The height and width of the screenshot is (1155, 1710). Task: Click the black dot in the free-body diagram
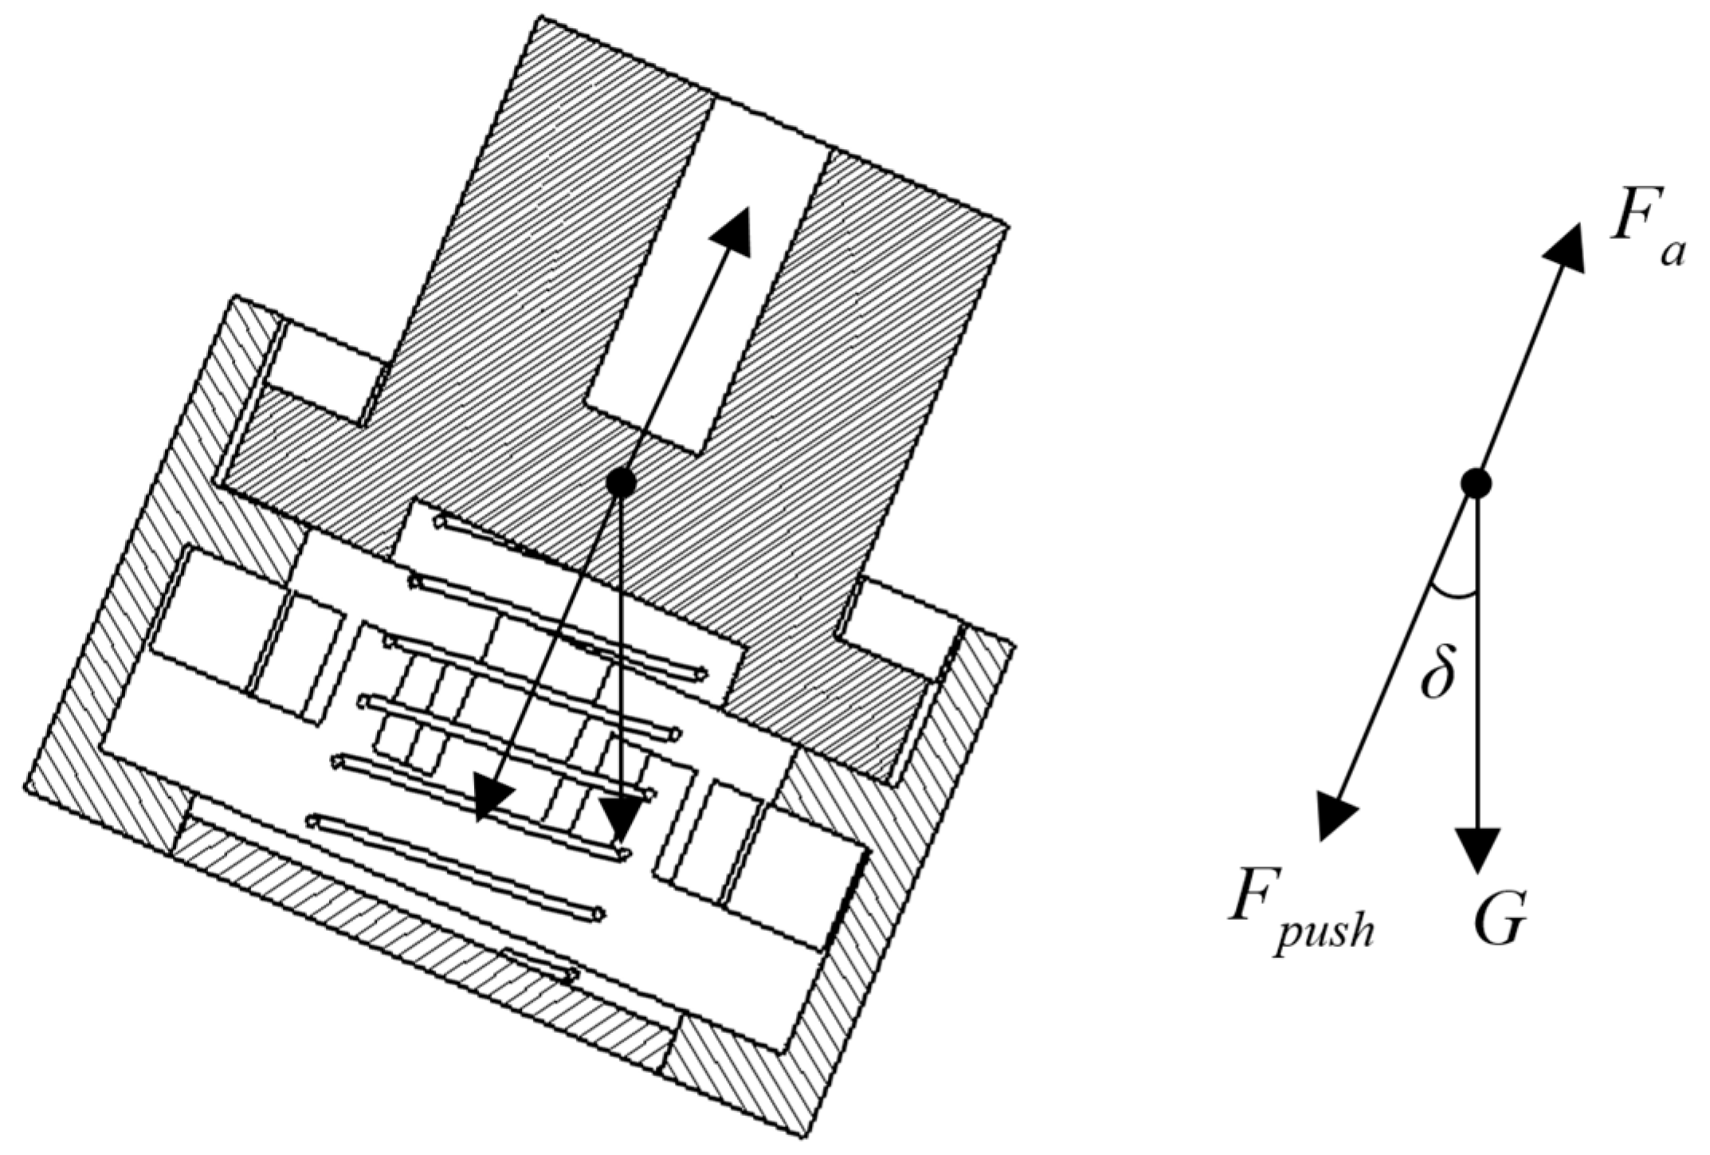pos(1476,483)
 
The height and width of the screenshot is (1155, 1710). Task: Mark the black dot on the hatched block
pos(620,481)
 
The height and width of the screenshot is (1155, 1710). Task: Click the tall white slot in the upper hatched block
pos(709,271)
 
